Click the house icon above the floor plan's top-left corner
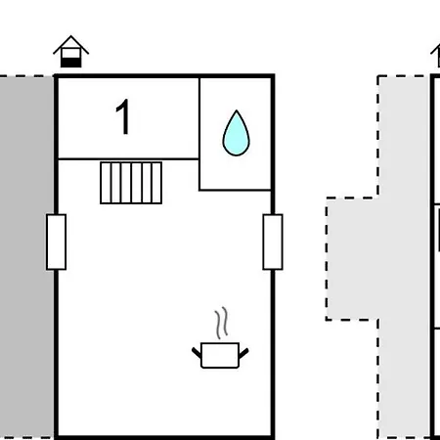pos(71,51)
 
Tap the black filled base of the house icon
pos(71,63)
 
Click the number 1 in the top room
pos(123,116)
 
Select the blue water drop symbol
pos(236,133)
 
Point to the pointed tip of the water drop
pos(237,110)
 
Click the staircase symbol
pos(131,183)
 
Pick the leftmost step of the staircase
pos(106,183)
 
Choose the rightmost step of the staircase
pos(156,183)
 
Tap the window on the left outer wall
pos(57,242)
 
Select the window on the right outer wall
pos(273,242)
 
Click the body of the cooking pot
pos(220,355)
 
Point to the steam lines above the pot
pos(221,323)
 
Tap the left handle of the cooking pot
pos(197,353)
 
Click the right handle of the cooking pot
pos(243,353)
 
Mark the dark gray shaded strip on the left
pos(26,257)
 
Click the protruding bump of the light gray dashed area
pos(352,259)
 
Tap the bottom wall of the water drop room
pos(235,190)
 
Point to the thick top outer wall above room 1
pos(164,76)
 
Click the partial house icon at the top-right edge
pos(436,56)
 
